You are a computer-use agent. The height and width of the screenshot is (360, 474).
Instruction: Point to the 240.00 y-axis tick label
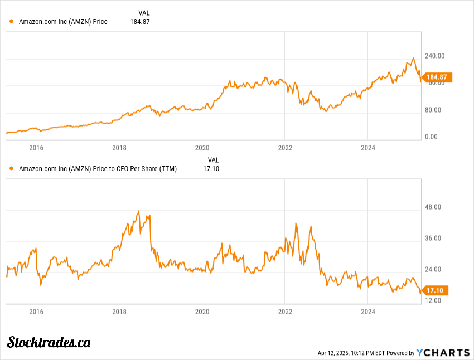pyautogui.click(x=434, y=56)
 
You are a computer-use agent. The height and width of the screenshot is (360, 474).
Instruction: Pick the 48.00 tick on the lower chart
pyautogui.click(x=433, y=207)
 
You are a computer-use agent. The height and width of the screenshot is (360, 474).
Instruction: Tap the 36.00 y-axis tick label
pyautogui.click(x=433, y=239)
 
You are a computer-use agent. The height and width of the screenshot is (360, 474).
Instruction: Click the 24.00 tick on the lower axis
pyautogui.click(x=433, y=270)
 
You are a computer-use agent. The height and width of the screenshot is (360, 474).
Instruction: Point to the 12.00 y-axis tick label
pyautogui.click(x=433, y=301)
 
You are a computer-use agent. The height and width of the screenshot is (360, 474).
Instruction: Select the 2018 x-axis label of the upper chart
pyautogui.click(x=119, y=148)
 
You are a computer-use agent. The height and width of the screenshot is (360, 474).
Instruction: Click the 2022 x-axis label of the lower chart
pyautogui.click(x=285, y=312)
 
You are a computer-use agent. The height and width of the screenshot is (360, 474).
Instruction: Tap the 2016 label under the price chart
pyautogui.click(x=36, y=148)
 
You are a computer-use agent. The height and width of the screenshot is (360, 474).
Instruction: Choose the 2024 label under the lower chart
pyautogui.click(x=368, y=312)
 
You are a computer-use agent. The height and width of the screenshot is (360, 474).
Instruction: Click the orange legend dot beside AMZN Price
pyautogui.click(x=12, y=22)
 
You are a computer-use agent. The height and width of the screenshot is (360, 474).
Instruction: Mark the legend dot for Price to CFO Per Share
pyautogui.click(x=12, y=168)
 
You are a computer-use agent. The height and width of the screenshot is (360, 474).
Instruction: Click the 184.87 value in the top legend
pyautogui.click(x=141, y=22)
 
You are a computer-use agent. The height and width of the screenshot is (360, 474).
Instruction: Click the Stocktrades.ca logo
pyautogui.click(x=49, y=342)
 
